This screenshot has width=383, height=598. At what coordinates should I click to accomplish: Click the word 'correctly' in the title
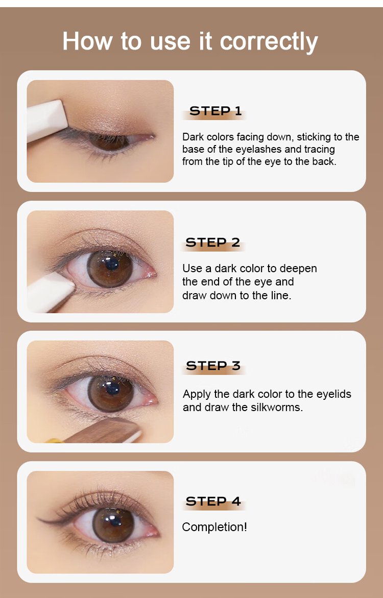pos(269,41)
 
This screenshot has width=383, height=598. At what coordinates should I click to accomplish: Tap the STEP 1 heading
pos(216,111)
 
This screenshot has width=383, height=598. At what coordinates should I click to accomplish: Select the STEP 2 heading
pos(213,243)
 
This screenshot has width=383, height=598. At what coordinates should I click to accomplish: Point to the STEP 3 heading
pos(213,366)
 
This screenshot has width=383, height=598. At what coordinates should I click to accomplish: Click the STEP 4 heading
pos(213,501)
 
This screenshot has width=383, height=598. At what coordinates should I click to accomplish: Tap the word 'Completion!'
pos(214,528)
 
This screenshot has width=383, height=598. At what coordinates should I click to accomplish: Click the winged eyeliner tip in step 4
pos(38,518)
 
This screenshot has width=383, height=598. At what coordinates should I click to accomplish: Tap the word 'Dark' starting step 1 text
pos(193,137)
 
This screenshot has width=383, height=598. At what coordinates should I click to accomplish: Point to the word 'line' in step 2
pos(280,296)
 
